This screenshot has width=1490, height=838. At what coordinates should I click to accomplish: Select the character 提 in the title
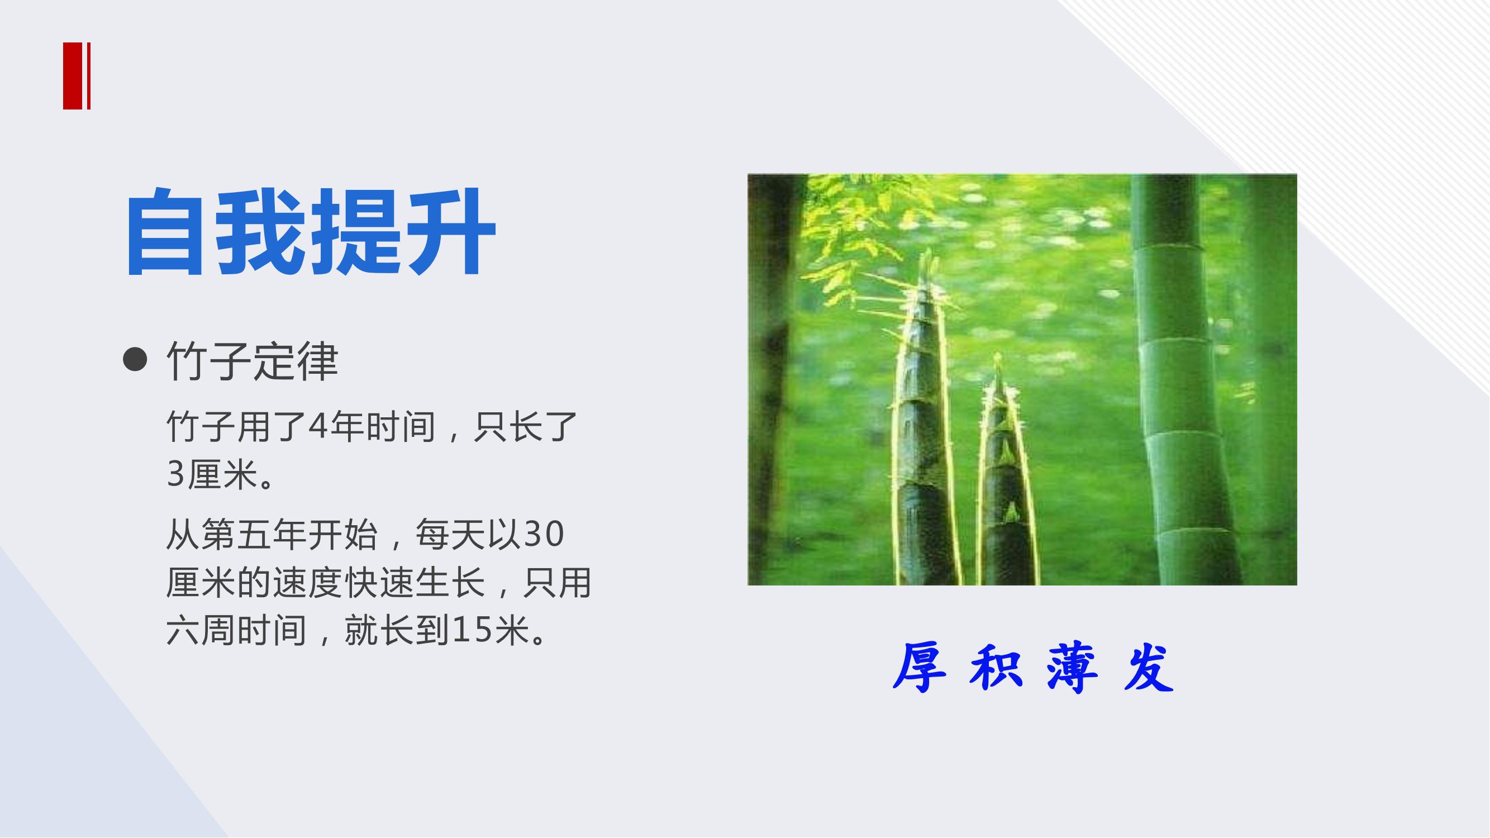[356, 231]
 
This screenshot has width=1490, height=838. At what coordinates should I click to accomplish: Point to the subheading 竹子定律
[252, 360]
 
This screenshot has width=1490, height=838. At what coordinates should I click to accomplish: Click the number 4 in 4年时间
[317, 426]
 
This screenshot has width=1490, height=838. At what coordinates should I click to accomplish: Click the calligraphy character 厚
[920, 668]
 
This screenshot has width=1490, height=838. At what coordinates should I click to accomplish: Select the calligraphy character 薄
[1072, 668]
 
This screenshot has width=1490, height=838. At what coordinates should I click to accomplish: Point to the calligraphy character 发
[1149, 668]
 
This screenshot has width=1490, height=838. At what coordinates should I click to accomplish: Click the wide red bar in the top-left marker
[73, 76]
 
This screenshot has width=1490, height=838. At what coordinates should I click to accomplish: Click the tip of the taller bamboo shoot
[929, 250]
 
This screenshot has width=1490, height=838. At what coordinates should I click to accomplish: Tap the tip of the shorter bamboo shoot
[997, 355]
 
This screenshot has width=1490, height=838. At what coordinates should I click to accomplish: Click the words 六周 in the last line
[201, 630]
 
